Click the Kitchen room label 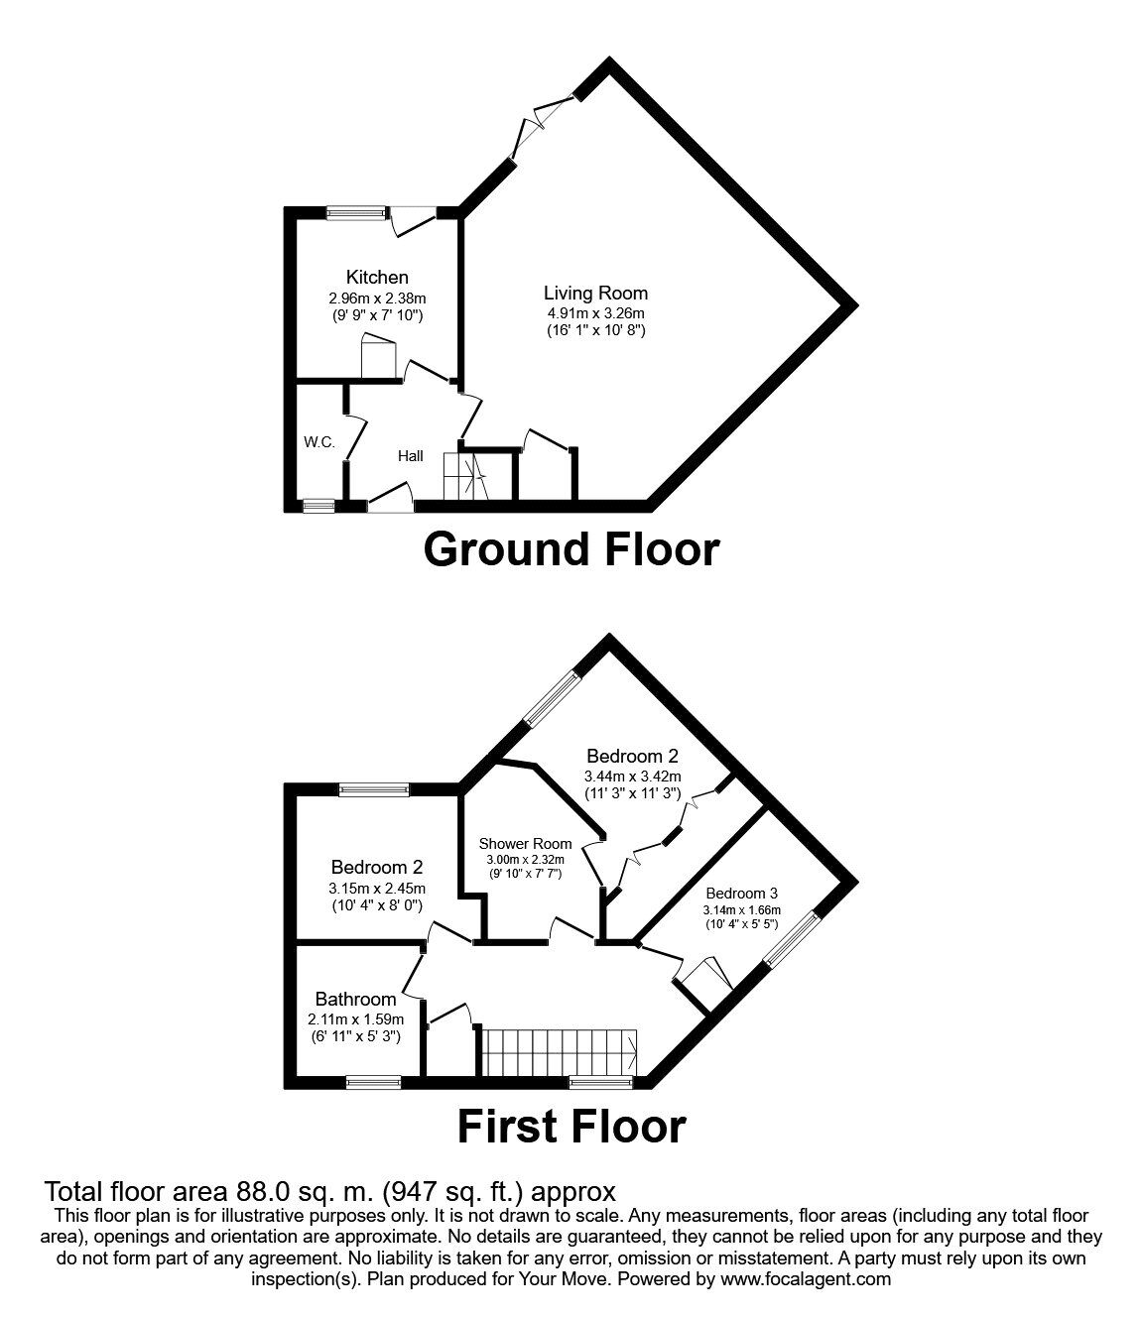[376, 277]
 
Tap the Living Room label [595, 293]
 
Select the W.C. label [319, 442]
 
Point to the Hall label [410, 456]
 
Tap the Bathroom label [355, 999]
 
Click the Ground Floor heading [571, 549]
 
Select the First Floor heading [571, 1127]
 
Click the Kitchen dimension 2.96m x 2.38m [376, 298]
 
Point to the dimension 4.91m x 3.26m [595, 312]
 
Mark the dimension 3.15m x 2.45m [378, 888]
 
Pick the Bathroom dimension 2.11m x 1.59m [354, 1018]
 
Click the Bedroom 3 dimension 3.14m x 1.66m [741, 910]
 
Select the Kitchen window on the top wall [357, 210]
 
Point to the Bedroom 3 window [793, 938]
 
